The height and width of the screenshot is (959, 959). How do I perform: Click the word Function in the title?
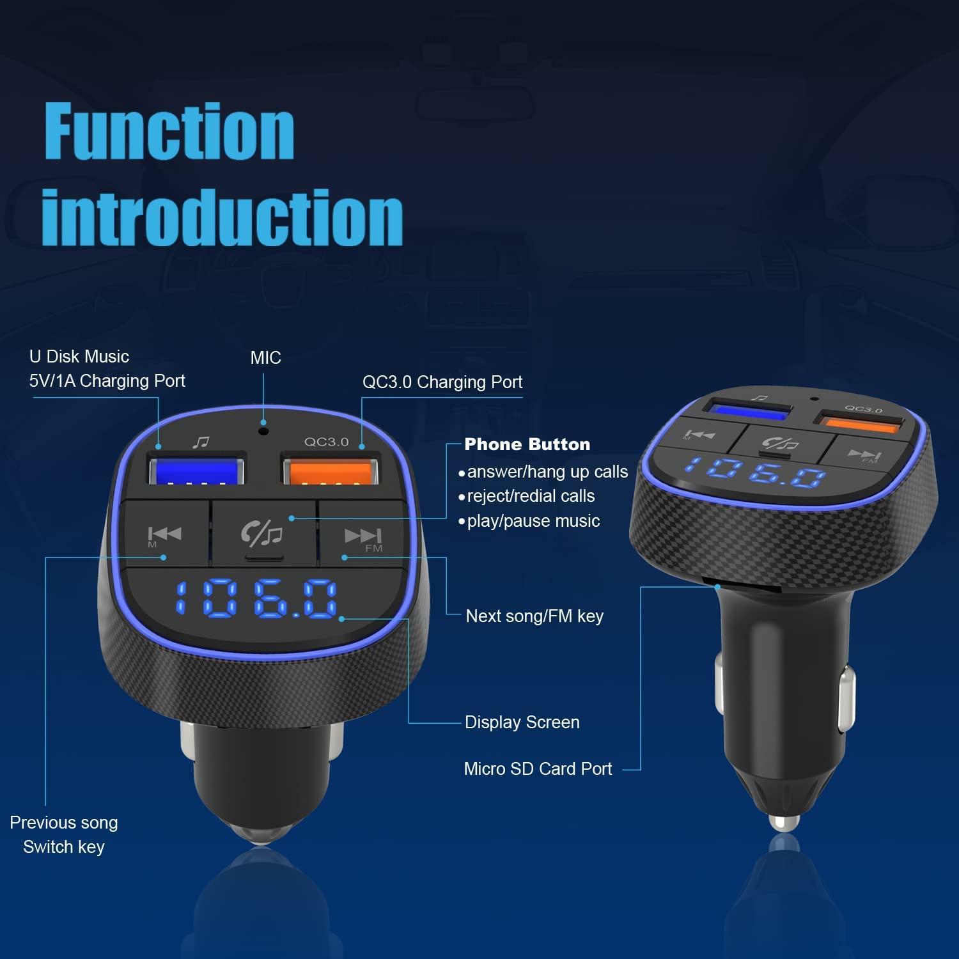pyautogui.click(x=169, y=131)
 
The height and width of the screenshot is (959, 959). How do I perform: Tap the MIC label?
pyautogui.click(x=265, y=357)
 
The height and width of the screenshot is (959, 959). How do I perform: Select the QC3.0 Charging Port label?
pyautogui.click(x=442, y=382)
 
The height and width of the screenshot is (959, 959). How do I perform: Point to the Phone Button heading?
pyautogui.click(x=527, y=444)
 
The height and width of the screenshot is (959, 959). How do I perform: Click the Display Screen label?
pyautogui.click(x=522, y=722)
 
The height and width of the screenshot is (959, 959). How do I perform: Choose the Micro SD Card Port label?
pyautogui.click(x=538, y=768)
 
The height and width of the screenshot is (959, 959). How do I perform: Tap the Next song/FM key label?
pyautogui.click(x=534, y=616)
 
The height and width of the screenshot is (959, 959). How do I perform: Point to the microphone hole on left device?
pyautogui.click(x=263, y=430)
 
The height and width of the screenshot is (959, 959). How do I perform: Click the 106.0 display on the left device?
pyautogui.click(x=256, y=599)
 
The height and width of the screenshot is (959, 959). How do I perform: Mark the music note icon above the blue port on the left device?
pyautogui.click(x=201, y=442)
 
